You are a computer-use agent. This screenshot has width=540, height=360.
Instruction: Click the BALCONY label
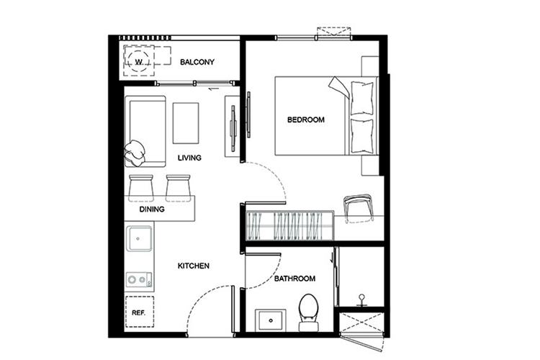[197, 62]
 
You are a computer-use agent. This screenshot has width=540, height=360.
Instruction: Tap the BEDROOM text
[306, 120]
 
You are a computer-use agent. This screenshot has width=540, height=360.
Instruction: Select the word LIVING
[189, 158]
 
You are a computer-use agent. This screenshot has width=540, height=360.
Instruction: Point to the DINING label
[152, 209]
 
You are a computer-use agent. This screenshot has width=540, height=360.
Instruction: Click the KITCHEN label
[194, 266]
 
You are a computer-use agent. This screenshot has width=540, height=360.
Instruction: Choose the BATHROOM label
[294, 279]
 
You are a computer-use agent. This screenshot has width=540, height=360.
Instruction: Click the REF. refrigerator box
[139, 312]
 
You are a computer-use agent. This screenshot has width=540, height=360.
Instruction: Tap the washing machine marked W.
[140, 61]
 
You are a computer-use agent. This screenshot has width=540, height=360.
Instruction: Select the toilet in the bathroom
[309, 312]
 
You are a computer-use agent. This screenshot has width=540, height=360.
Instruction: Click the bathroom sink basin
[271, 320]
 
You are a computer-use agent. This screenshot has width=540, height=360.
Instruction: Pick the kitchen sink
[139, 238]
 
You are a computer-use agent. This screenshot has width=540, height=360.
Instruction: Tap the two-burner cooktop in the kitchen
[139, 280]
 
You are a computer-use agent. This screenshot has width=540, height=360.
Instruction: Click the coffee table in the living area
[186, 123]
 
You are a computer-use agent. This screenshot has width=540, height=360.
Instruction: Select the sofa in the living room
[145, 131]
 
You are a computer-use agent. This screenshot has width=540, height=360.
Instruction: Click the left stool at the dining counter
[141, 188]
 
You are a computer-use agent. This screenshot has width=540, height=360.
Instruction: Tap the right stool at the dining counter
[178, 188]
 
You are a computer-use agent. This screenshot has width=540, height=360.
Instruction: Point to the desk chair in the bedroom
[359, 209]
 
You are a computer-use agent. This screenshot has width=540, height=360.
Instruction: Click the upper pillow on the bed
[361, 98]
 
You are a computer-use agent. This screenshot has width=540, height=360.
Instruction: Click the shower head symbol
[361, 300]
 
